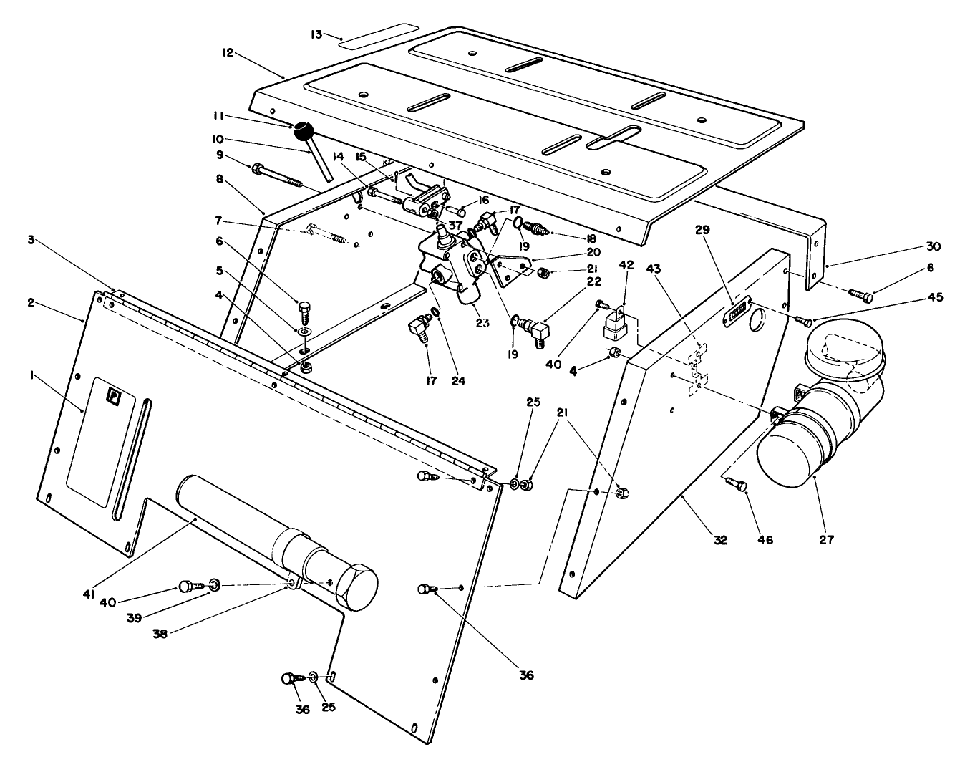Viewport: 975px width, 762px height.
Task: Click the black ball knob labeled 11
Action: click(x=304, y=131)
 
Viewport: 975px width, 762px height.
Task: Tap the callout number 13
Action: click(x=316, y=33)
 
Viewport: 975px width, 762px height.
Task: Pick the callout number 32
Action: click(x=719, y=540)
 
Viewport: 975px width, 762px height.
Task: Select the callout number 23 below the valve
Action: click(x=482, y=322)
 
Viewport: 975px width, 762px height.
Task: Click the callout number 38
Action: click(x=160, y=633)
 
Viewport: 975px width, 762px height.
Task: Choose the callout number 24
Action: click(x=458, y=381)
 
